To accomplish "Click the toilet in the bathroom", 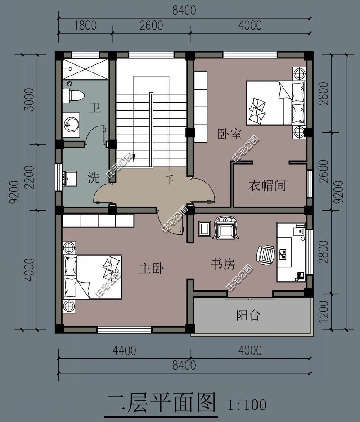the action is tap(73, 95).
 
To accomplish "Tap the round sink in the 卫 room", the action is tap(72, 125).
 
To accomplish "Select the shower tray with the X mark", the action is tap(85, 69).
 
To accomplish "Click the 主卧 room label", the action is tap(152, 268).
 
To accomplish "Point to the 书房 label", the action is tap(223, 264).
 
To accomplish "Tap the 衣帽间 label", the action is tap(267, 186).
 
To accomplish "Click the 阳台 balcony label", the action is tap(247, 315).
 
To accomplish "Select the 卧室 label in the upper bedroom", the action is tap(229, 134).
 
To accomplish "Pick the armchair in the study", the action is tap(226, 228).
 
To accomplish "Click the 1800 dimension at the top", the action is tap(85, 26).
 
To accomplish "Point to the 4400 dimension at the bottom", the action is tap(124, 350).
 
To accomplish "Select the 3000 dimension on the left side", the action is tap(29, 99).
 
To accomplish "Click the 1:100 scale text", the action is tap(247, 404).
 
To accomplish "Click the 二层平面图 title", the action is tap(161, 403).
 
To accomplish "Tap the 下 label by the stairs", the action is tap(170, 180).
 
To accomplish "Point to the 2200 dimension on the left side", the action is tap(29, 177).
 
